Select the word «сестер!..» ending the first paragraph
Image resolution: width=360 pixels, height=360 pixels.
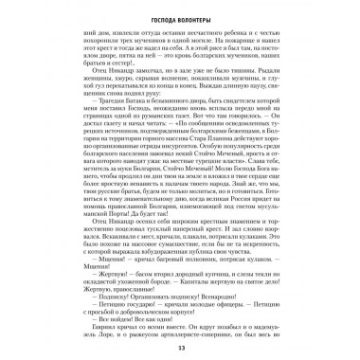pyautogui.click(x=150, y=74)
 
